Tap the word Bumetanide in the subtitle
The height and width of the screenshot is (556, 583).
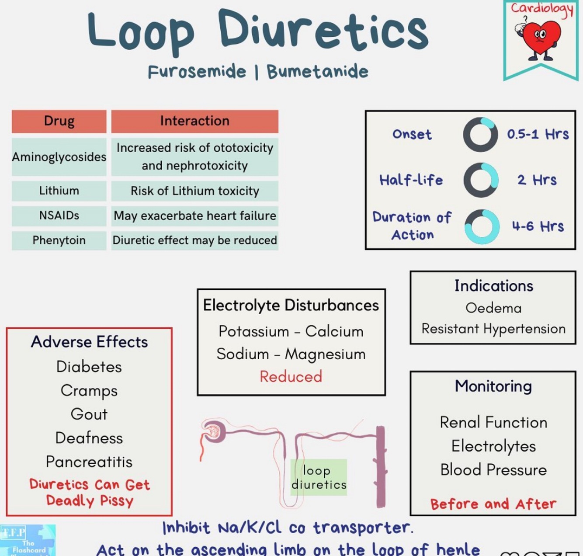coord(318,72)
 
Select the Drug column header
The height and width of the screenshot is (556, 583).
coord(59,121)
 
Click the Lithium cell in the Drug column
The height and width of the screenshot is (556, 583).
coord(59,191)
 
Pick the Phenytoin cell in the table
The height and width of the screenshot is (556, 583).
coord(59,240)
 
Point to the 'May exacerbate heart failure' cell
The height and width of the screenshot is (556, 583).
coord(195,216)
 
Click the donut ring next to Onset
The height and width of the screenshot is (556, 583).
coord(480,135)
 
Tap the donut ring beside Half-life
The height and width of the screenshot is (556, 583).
coord(481,180)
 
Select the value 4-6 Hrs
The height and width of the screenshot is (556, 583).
coord(538,226)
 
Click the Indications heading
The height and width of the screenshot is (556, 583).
coord(493,286)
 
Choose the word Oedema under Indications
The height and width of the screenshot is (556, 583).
coord(493,308)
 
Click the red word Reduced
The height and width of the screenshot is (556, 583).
coord(291,377)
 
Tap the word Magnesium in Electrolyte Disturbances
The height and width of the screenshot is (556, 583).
coord(325,354)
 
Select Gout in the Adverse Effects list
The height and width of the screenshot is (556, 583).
coord(89,414)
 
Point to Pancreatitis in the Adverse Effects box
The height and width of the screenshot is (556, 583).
coord(89,462)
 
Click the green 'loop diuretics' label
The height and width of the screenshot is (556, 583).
coord(319,477)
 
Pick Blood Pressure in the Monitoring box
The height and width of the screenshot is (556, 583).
coord(493,470)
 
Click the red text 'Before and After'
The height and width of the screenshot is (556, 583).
coord(493,504)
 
